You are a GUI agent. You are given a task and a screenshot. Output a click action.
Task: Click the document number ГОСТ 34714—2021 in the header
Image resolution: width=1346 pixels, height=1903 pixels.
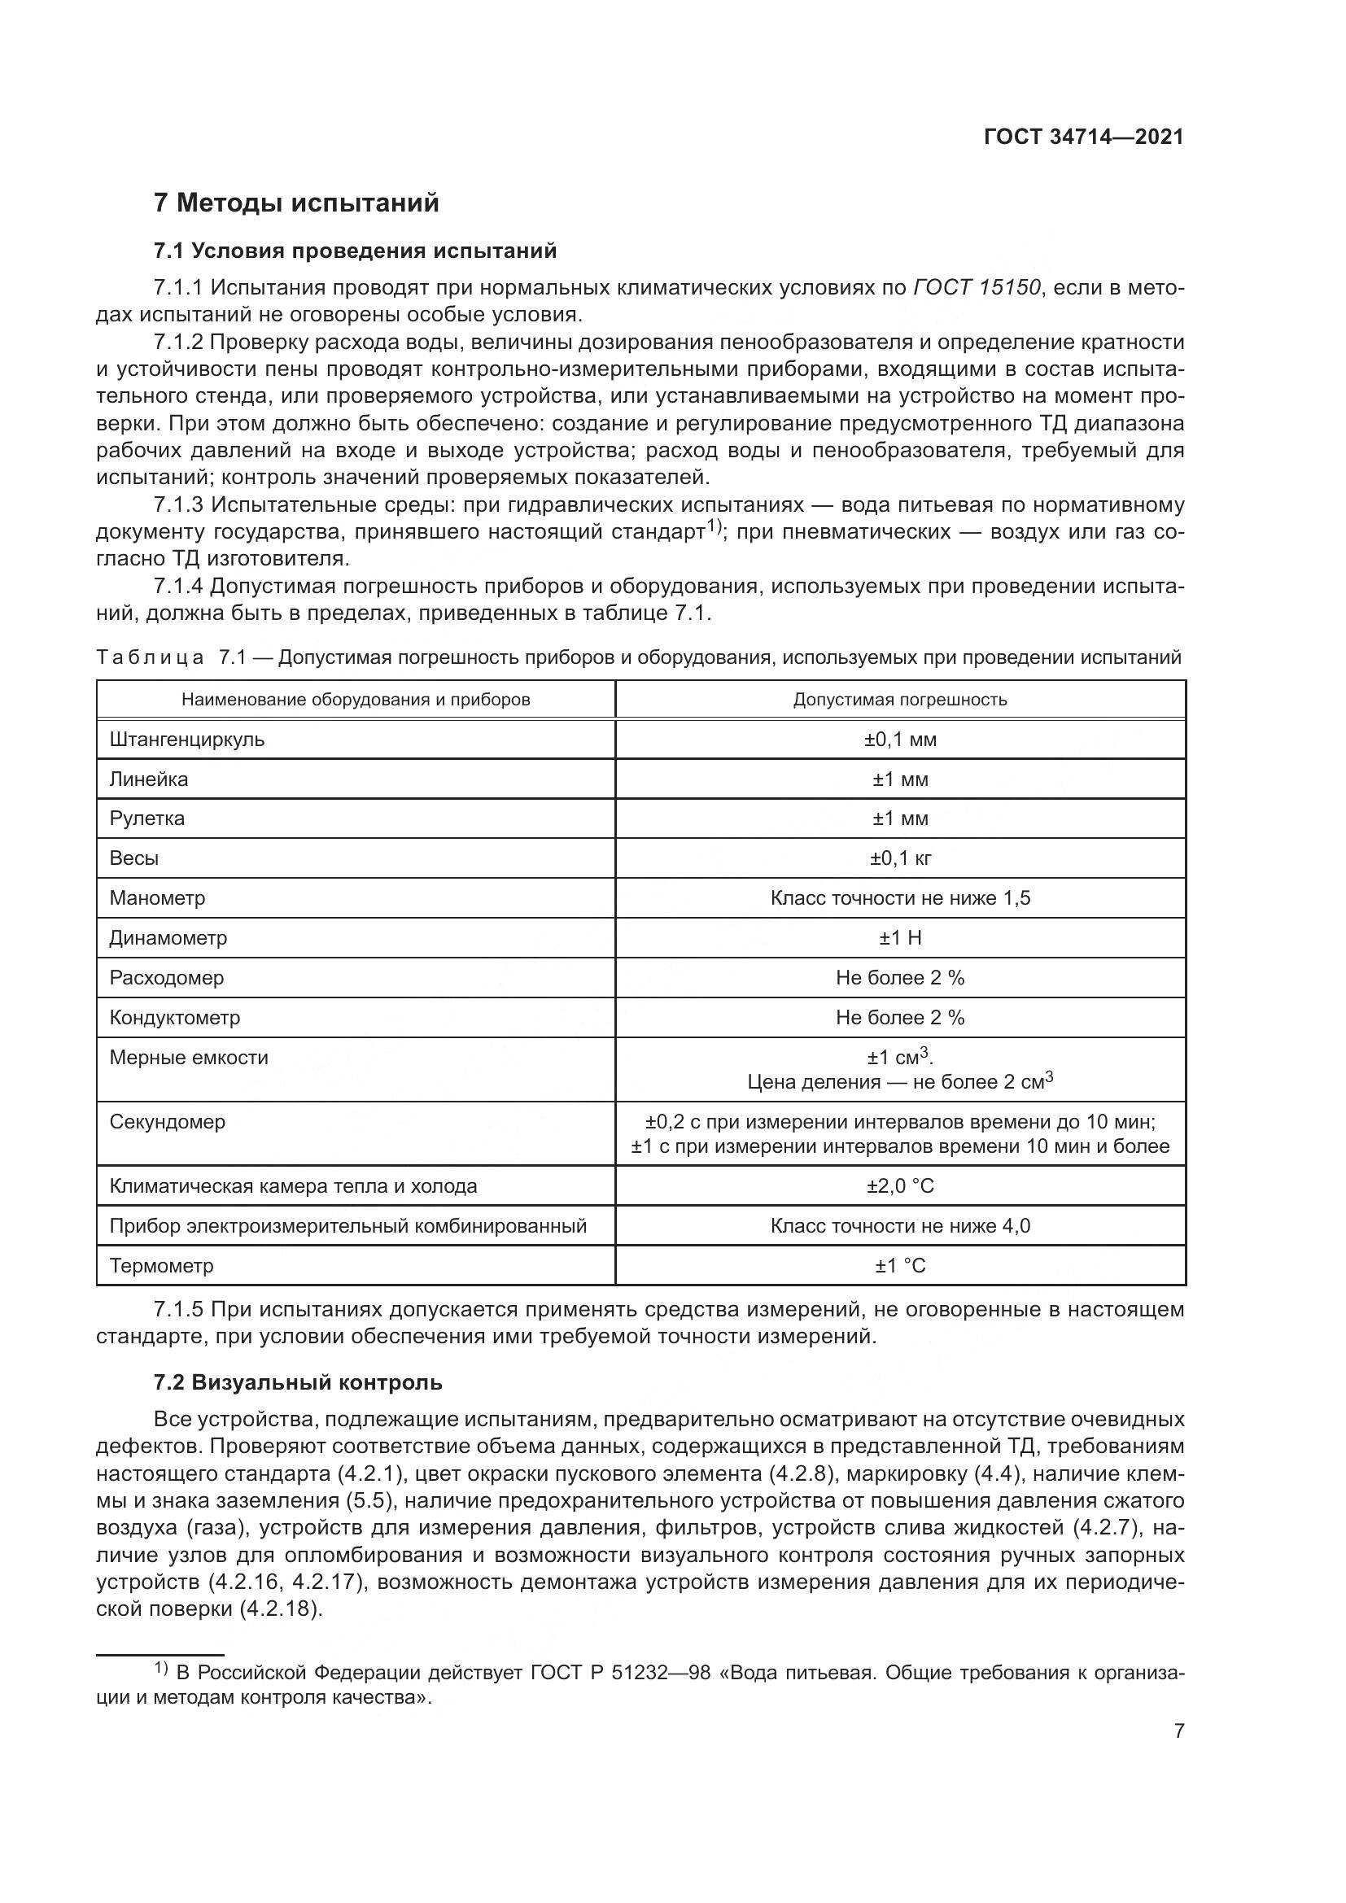coord(1083,137)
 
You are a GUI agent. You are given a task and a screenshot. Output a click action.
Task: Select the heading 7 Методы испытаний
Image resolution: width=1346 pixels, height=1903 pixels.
coord(296,203)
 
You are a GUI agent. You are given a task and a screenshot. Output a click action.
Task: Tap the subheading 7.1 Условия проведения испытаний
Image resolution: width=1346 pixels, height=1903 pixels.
coord(356,251)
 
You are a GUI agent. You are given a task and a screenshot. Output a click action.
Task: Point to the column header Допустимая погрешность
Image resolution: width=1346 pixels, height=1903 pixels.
coord(900,700)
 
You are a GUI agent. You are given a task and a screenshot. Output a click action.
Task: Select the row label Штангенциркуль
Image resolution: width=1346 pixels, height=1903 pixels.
coord(187,740)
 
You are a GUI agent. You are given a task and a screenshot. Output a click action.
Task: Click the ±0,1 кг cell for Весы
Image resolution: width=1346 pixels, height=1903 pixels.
coord(900,858)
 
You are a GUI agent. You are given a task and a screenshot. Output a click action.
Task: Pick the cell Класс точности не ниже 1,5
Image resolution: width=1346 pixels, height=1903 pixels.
coord(900,898)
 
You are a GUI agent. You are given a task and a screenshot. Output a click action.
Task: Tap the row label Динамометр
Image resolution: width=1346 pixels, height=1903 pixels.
coord(168,938)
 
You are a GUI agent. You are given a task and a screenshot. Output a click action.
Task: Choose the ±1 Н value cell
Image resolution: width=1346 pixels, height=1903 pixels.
coord(900,938)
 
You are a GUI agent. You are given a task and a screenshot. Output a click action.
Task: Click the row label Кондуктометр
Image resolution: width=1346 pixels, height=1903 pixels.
coord(175,1018)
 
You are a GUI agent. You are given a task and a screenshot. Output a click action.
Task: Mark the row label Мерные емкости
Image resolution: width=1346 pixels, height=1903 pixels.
coord(189,1058)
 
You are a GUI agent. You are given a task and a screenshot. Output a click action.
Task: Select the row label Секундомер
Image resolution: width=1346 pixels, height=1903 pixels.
coord(168,1122)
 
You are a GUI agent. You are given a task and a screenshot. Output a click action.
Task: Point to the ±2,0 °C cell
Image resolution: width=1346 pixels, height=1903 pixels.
coord(900,1187)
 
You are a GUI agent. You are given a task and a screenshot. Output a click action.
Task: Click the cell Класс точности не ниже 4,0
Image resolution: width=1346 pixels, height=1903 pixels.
coord(900,1227)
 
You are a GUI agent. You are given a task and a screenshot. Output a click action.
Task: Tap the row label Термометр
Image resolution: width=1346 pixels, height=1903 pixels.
coord(162,1267)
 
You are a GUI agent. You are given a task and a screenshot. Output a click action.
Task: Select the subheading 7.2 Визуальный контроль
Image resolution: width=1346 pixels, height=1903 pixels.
coord(299,1383)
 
